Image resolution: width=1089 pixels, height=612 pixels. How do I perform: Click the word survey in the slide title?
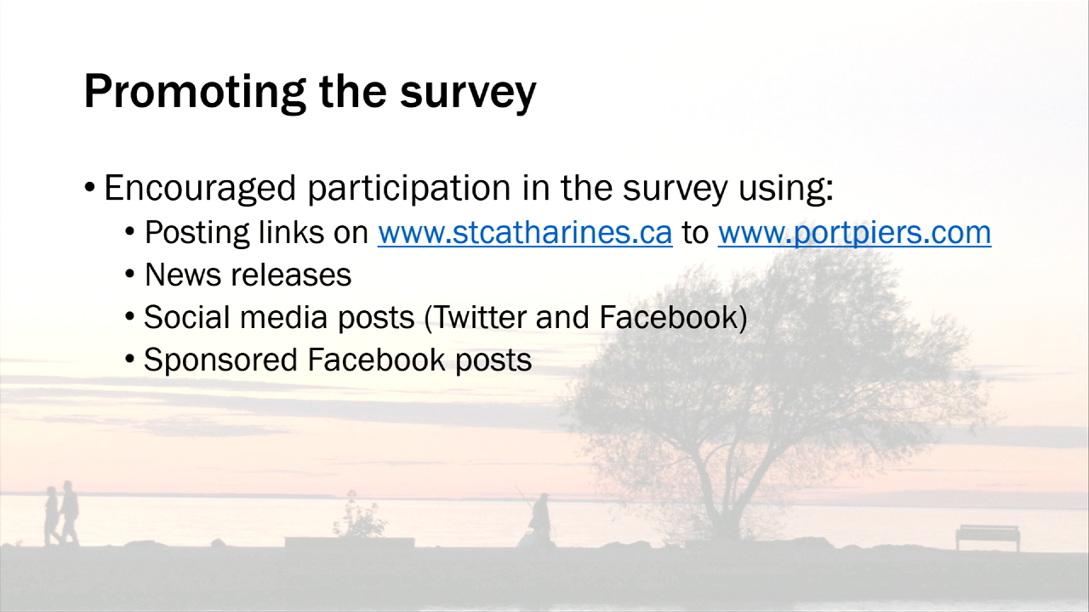(x=468, y=96)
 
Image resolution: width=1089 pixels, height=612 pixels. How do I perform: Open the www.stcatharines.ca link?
(x=525, y=233)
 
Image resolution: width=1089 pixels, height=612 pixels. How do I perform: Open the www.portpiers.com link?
(x=855, y=234)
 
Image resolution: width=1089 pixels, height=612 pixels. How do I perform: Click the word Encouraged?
(x=200, y=189)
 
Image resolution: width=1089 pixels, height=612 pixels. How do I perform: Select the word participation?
(x=409, y=189)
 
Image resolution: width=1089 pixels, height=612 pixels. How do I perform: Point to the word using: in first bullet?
(x=785, y=189)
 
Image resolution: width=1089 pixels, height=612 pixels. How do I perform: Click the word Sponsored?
(x=220, y=360)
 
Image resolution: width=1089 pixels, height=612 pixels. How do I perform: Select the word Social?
(x=186, y=318)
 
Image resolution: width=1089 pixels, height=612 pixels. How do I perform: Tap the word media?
(x=283, y=318)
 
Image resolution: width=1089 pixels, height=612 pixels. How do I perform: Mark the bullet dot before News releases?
(x=129, y=275)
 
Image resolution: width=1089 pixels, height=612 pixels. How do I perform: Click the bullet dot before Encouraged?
(x=89, y=187)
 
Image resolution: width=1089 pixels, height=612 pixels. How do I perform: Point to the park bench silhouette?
(x=988, y=537)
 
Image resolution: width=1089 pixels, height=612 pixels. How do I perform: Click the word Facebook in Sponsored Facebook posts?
(x=376, y=360)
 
